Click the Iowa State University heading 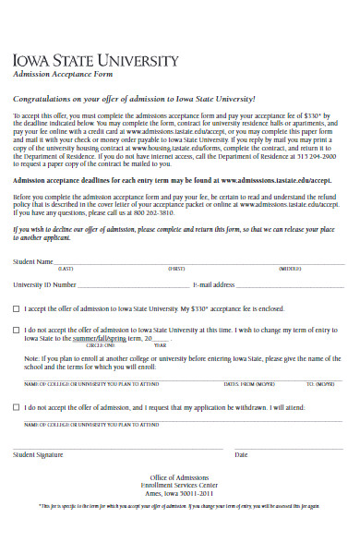95,61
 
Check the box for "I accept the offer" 16,308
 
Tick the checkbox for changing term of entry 16,329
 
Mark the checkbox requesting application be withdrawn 16,406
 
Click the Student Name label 33,262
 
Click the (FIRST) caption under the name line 176,269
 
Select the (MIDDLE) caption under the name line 290,269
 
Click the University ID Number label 44,285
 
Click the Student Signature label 38,454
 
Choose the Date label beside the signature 242,454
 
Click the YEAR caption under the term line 160,344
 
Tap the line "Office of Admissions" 179,476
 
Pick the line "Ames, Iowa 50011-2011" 179,492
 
